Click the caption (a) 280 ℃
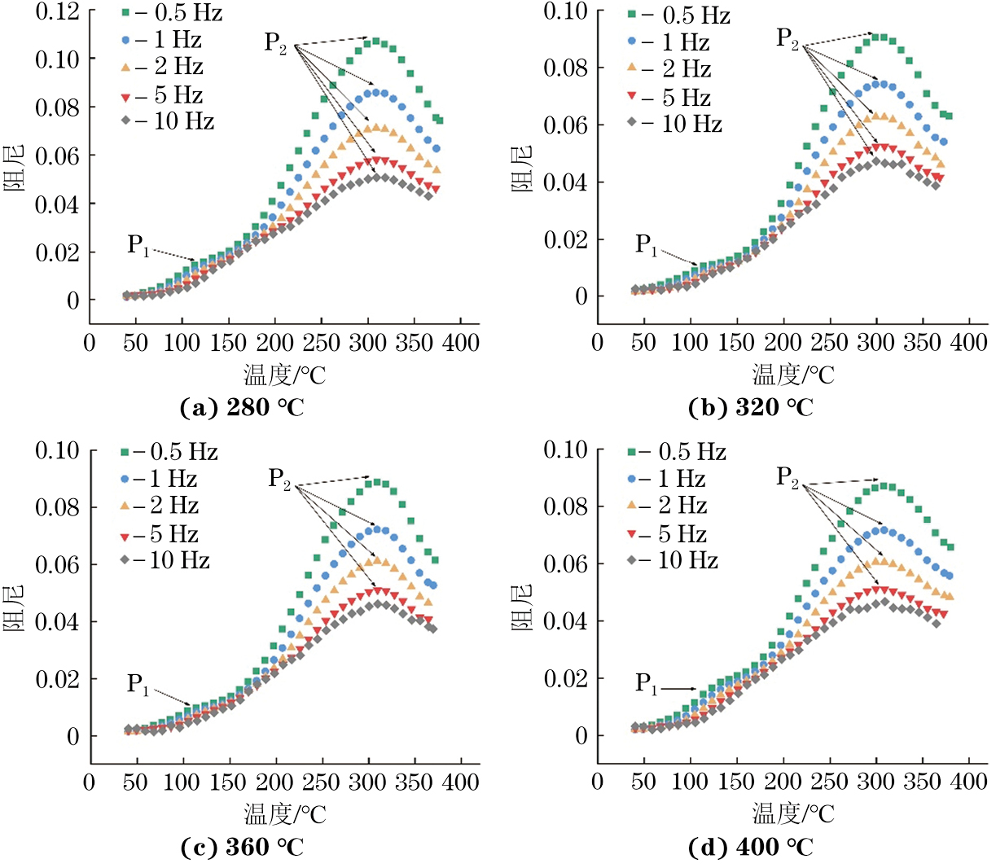coord(242,407)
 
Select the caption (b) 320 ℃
coord(750,407)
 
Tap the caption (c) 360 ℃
coord(242,848)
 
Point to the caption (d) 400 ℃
coord(750,848)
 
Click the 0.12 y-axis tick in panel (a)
coord(57,11)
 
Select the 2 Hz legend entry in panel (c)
coord(166,506)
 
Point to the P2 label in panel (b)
coord(788,38)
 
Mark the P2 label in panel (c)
coord(279,479)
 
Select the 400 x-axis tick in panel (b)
coord(968,342)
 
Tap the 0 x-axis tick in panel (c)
coord(90,783)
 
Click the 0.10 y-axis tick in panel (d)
coord(565,449)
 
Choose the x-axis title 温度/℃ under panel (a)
coord(284,375)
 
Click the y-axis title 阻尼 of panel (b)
coord(521,169)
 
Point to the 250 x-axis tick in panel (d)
coord(830,782)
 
